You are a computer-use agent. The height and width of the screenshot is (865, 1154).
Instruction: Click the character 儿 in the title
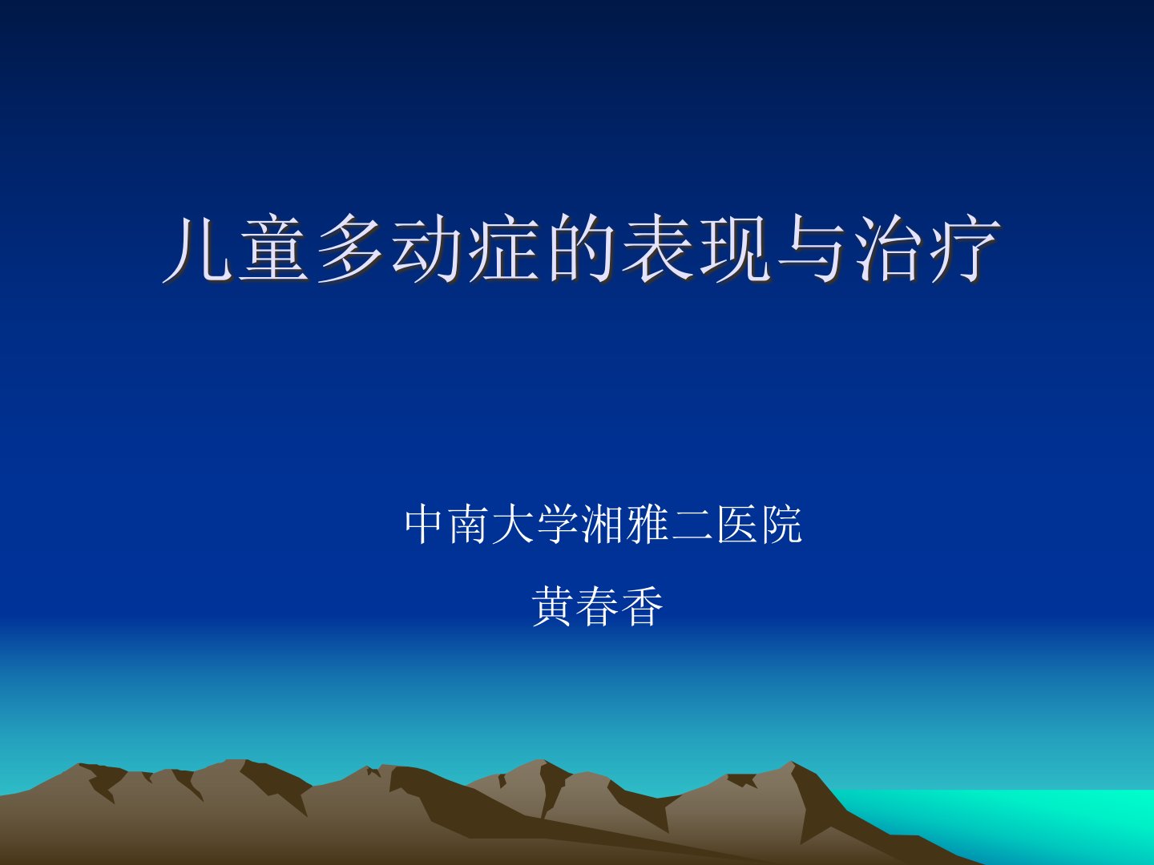(197, 248)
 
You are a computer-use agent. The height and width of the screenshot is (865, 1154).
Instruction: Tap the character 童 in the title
(274, 248)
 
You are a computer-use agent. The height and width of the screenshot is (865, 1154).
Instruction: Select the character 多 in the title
(350, 248)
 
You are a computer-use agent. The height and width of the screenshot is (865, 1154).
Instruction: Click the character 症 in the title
(503, 248)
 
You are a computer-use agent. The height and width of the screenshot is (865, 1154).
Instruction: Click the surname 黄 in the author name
(553, 606)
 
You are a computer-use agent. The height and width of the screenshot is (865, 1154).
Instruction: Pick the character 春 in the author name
(598, 606)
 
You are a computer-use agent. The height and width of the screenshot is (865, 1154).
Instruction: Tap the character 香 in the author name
(643, 606)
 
